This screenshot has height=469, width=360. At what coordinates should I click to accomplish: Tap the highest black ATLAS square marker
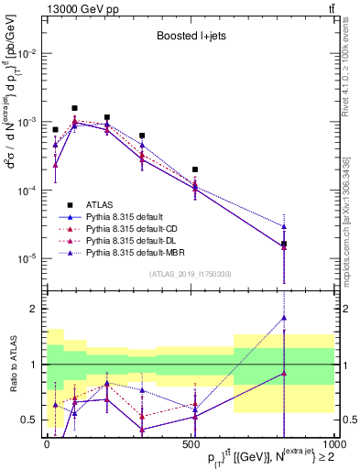74,108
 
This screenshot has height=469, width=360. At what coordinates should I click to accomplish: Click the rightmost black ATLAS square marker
284,244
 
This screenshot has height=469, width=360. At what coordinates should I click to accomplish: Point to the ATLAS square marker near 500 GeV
195,169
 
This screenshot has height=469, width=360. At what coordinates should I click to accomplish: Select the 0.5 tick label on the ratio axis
29,420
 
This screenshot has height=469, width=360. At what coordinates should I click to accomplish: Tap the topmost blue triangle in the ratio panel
284,318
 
